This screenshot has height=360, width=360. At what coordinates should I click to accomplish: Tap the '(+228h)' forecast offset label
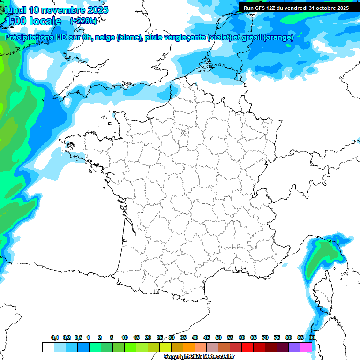click(83, 21)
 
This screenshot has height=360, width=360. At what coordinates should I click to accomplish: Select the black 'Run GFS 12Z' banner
click(297, 8)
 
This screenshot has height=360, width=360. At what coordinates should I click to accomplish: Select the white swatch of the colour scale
click(48, 347)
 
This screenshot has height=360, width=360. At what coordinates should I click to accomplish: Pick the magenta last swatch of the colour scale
click(306, 347)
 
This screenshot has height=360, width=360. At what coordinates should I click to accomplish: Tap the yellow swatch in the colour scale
click(165, 347)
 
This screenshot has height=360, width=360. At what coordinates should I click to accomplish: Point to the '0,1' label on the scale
click(55, 338)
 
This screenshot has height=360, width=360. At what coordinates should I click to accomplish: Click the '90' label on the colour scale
click(312, 338)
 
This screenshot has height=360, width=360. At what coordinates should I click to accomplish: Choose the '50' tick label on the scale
click(218, 338)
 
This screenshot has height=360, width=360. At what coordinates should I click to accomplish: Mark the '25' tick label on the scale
click(160, 338)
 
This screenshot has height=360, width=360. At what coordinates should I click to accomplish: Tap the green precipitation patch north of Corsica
click(323, 255)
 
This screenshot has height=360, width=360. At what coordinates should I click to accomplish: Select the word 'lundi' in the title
click(15, 10)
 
